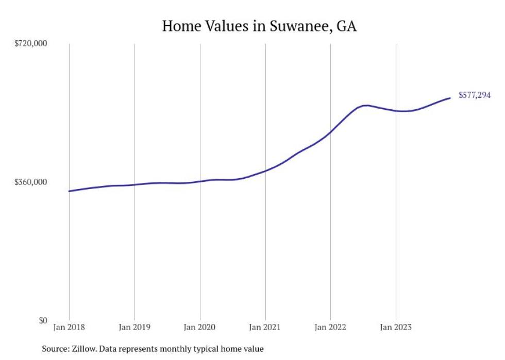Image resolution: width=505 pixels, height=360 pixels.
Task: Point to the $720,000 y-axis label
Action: tap(30, 44)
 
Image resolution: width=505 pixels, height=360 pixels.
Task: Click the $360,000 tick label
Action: tap(30, 182)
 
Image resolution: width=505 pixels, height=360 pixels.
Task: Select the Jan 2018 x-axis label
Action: tap(69, 327)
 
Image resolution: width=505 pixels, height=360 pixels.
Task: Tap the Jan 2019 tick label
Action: tap(134, 327)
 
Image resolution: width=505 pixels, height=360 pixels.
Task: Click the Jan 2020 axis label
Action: tap(200, 327)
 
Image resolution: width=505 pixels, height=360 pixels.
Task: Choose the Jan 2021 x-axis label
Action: tap(265, 327)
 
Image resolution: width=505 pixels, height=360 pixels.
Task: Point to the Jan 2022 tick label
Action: tap(330, 327)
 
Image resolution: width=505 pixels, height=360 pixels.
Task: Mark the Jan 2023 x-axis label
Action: tap(396, 327)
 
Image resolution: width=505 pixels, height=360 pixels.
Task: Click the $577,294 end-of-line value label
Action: tap(474, 95)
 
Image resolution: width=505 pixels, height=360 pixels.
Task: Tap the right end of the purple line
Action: tap(450, 98)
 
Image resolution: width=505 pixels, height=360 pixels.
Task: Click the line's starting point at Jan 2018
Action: tap(69, 191)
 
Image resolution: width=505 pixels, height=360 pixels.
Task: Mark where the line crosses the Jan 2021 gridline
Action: tap(265, 170)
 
